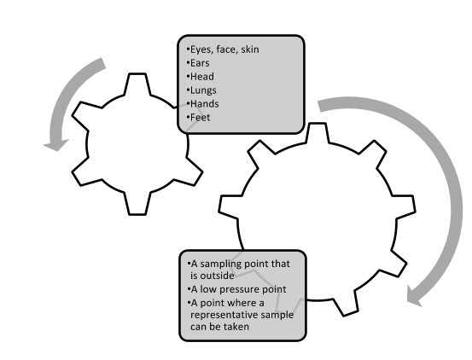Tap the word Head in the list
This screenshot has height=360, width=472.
point(202,77)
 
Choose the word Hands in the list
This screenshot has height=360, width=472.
point(205,104)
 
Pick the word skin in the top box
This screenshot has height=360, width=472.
point(250,49)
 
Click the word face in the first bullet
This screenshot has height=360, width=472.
point(227,49)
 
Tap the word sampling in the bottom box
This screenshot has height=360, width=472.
point(221,264)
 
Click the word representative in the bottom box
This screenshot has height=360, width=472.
point(224,315)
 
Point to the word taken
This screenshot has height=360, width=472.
point(236,327)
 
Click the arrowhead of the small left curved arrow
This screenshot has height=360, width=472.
point(56,145)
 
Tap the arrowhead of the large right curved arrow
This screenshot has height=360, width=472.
point(416,295)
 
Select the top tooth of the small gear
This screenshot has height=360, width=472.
point(137,84)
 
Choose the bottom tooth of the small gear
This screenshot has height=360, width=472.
point(137,204)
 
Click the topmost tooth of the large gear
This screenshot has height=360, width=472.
point(318,132)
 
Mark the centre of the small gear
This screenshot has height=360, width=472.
point(137,144)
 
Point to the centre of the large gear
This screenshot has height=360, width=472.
point(318,221)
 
